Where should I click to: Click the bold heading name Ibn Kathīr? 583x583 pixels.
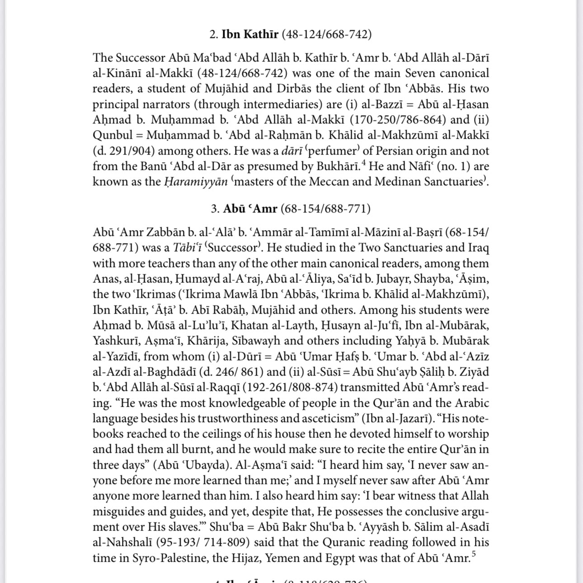(x=250, y=34)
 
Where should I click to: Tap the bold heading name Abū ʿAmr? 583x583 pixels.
(x=250, y=209)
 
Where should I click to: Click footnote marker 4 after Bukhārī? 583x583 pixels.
(x=363, y=163)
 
